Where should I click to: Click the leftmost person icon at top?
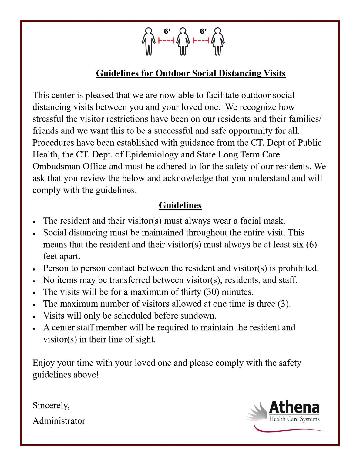148,41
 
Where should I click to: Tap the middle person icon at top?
183,41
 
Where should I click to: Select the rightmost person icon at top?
218,41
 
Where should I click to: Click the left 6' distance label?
167,31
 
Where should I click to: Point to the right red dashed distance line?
201,40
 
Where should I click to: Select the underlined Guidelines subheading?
180,205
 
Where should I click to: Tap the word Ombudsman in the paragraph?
57,167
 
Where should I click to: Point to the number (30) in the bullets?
211,292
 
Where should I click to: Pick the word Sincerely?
51,406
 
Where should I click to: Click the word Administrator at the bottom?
59,421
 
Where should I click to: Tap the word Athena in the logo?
294,407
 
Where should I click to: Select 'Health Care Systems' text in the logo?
294,419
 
